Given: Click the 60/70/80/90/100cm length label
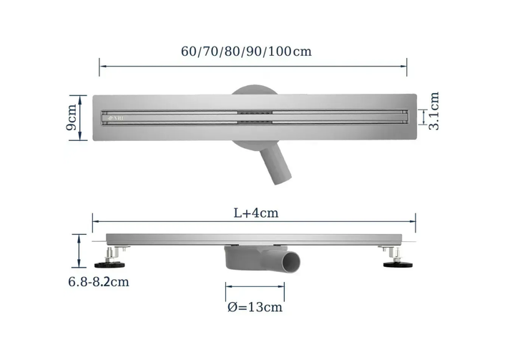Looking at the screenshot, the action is pyautogui.click(x=246, y=52).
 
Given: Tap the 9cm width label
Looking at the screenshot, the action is pyautogui.click(x=72, y=117).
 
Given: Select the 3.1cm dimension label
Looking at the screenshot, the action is pyautogui.click(x=434, y=111).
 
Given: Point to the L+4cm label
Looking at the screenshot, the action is pyautogui.click(x=256, y=213).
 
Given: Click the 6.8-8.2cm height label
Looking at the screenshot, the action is pyautogui.click(x=99, y=282).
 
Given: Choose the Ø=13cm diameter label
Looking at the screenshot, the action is pyautogui.click(x=255, y=307).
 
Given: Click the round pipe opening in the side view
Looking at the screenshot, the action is pyautogui.click(x=291, y=263).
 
